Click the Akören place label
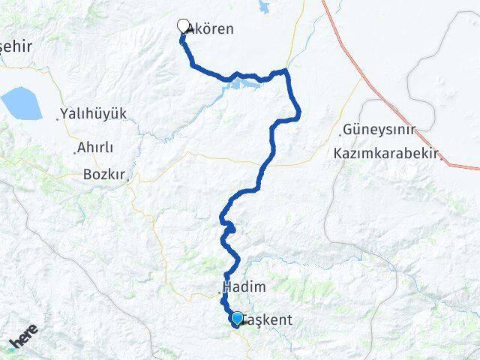211,29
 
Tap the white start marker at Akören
182,25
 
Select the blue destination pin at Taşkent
237,319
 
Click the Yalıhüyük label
94,113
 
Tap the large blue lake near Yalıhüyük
22,103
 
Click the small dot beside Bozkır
129,179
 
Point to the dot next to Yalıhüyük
58,118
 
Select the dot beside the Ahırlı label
75,151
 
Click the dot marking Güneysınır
340,133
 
